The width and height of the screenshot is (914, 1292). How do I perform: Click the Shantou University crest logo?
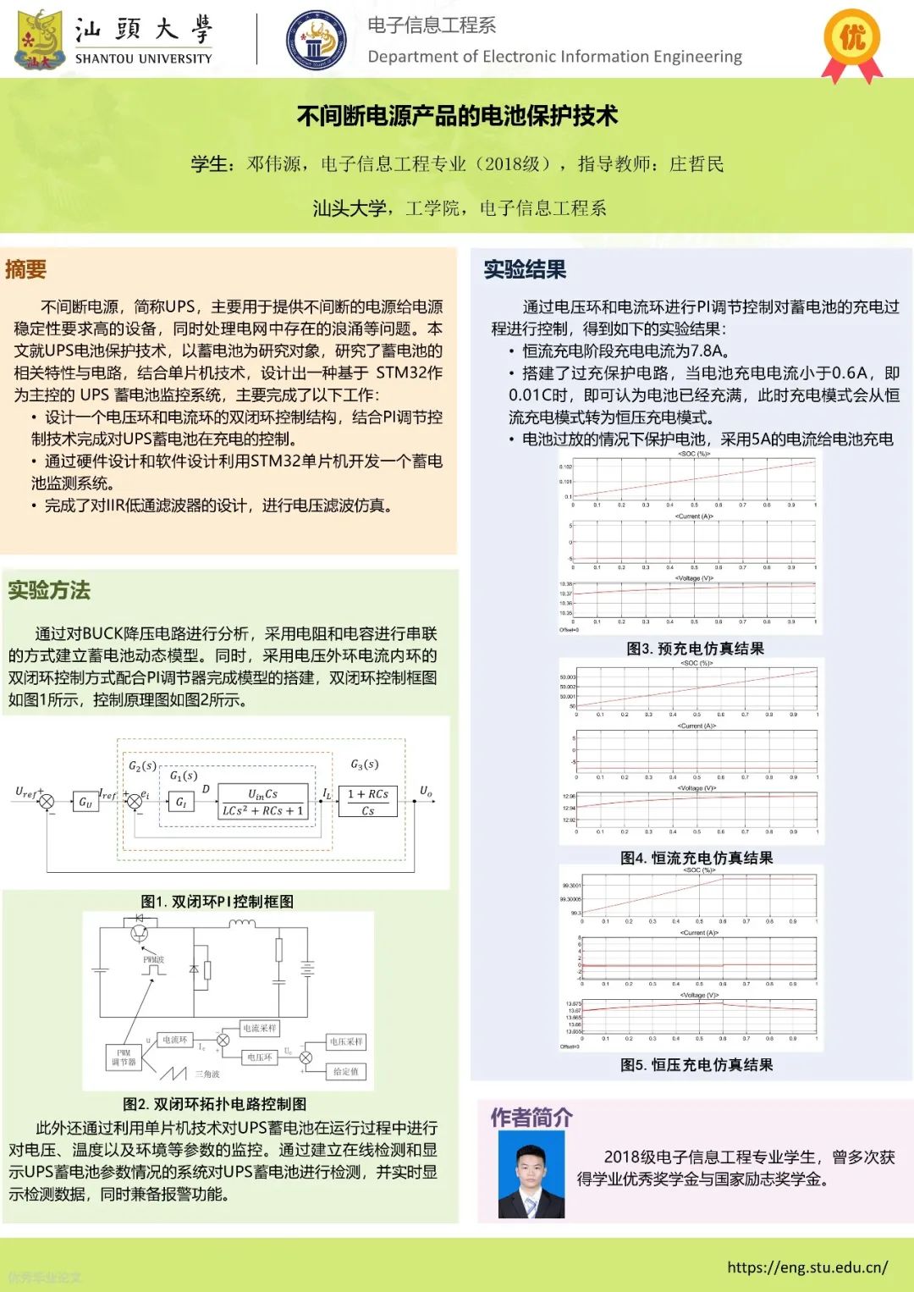40,39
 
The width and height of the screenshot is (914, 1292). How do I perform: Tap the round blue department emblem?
316,40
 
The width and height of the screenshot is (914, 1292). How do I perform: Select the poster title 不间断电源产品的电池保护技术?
457,116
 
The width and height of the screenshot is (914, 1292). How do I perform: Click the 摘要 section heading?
26,269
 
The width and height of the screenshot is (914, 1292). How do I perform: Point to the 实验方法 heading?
49,590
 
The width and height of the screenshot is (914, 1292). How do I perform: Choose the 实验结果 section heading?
525,269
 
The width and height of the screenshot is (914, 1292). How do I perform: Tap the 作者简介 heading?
531,1118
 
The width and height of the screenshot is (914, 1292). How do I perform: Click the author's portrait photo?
531,1174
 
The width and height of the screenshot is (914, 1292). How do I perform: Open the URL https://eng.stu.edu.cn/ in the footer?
807,1267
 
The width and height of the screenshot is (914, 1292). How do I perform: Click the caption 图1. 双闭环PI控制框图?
217,902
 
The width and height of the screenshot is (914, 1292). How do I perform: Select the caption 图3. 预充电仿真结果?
695,649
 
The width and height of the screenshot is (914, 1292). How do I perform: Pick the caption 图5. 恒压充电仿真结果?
697,1065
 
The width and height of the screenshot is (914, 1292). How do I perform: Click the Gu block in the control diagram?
85,801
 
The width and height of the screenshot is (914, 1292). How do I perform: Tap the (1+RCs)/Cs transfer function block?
367,802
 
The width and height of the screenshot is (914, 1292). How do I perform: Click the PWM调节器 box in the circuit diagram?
124,1057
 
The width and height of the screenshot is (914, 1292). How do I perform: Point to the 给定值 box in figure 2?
345,1071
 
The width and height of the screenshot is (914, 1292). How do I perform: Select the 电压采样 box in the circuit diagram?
346,1041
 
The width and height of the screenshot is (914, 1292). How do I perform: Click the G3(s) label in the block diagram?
365,765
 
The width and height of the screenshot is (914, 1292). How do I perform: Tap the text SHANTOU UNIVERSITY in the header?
143,58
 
